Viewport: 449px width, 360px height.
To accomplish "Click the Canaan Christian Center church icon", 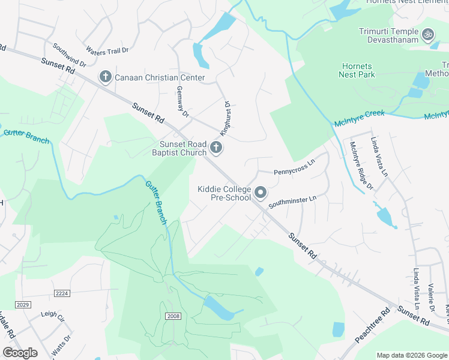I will coord(105,77).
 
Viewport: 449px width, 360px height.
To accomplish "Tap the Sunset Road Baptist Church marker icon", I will coord(216,148).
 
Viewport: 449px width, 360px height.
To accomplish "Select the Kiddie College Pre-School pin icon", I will coord(261,193).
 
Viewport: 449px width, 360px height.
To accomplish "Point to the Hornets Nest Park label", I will coord(357,70).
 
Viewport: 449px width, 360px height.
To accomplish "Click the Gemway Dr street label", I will coord(182,101).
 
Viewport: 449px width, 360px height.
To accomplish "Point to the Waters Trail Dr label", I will coord(108,50).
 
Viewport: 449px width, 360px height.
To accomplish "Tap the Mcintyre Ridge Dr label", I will coord(361,164).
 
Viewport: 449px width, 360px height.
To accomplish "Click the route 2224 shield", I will coord(62,293).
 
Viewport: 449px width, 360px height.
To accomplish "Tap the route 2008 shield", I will coord(172,316).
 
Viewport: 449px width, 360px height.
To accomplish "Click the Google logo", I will coord(20,353).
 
